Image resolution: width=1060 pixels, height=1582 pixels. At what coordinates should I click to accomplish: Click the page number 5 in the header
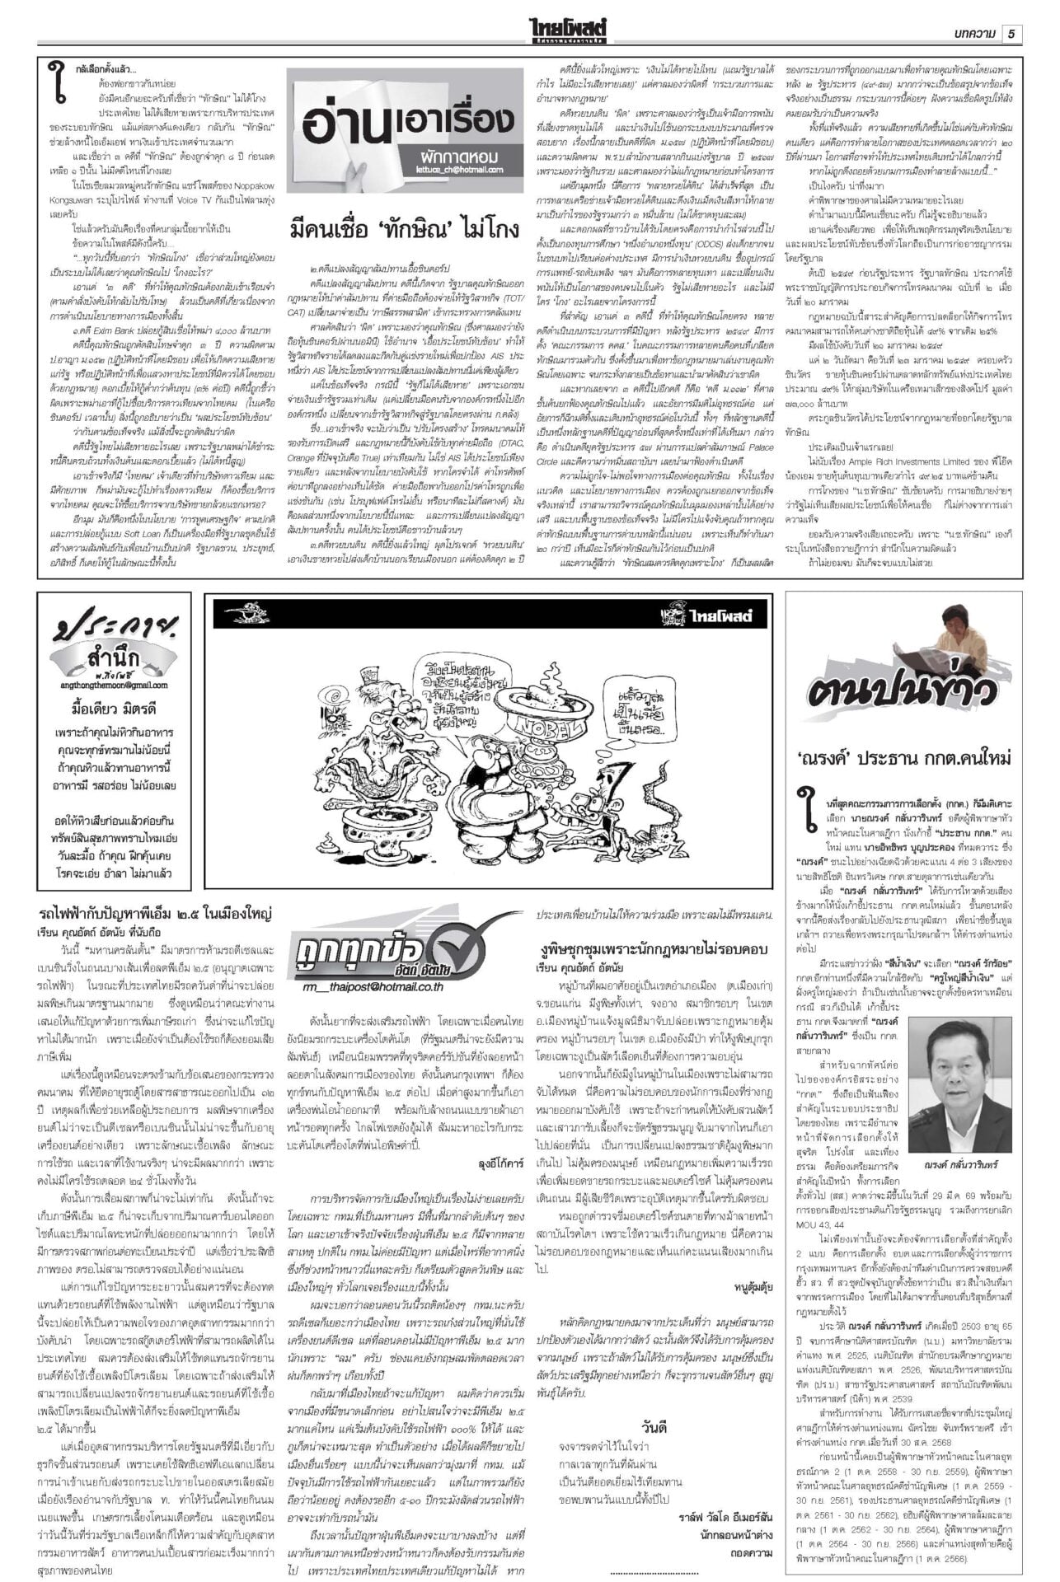point(1011,33)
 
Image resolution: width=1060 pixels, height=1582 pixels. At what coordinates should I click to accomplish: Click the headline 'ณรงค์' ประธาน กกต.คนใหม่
point(903,757)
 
